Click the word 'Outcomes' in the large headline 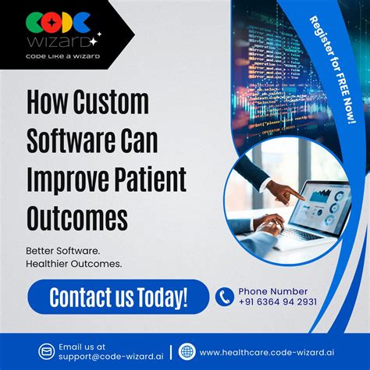pos(77,216)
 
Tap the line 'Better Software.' pos(62,251)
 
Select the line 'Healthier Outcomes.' pos(74,265)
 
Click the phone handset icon pos(225,297)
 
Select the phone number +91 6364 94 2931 pos(277,302)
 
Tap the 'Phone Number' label pos(272,290)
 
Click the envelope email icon pos(47,351)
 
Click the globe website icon pos(187,351)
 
